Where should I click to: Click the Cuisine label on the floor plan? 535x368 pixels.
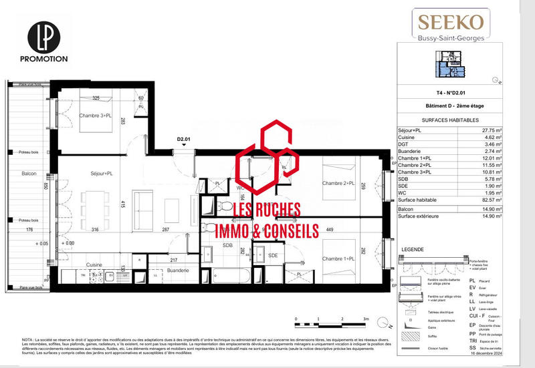pyautogui.click(x=94, y=264)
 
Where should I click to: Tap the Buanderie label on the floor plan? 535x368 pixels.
pyautogui.click(x=178, y=270)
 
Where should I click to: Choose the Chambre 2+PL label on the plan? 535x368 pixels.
pyautogui.click(x=338, y=184)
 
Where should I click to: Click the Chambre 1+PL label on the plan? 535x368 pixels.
pyautogui.click(x=338, y=259)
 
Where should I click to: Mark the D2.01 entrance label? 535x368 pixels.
pyautogui.click(x=185, y=140)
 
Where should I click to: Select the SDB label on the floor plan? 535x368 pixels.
pyautogui.click(x=227, y=246)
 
